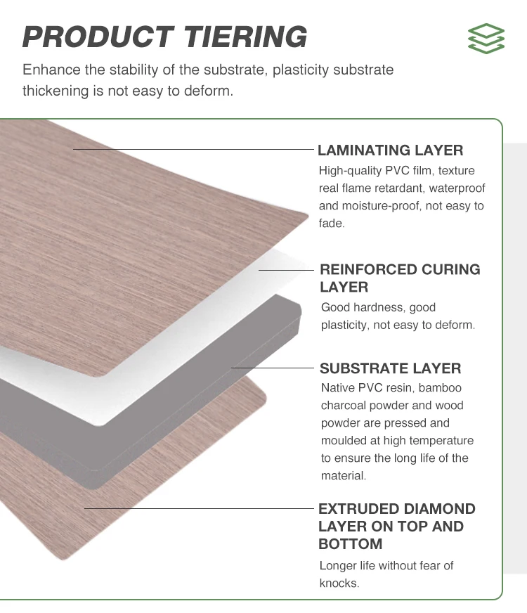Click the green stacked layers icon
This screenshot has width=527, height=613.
pyautogui.click(x=486, y=39)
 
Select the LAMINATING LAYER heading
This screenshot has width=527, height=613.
pyautogui.click(x=390, y=150)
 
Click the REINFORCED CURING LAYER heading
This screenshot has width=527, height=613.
pyautogui.click(x=400, y=278)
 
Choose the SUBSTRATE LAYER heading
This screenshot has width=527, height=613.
pyautogui.click(x=390, y=368)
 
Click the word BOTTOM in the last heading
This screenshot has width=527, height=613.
pyautogui.click(x=350, y=544)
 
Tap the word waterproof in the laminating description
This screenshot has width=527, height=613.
pyautogui.click(x=457, y=188)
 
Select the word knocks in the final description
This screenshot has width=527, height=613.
pyautogui.click(x=339, y=583)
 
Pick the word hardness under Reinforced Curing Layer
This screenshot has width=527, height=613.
pyautogui.click(x=380, y=307)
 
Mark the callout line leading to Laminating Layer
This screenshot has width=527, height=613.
pyautogui.click(x=193, y=149)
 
